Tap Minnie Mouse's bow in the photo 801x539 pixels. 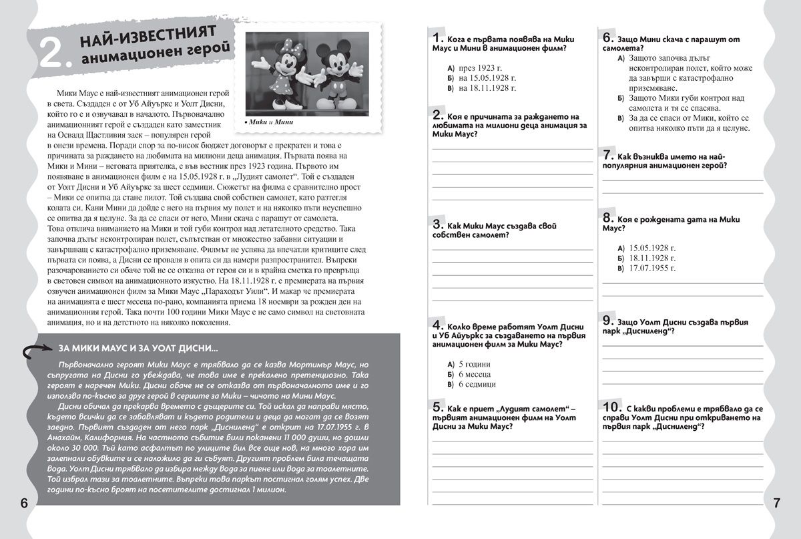(273, 47)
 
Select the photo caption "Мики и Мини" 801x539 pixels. (268, 122)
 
